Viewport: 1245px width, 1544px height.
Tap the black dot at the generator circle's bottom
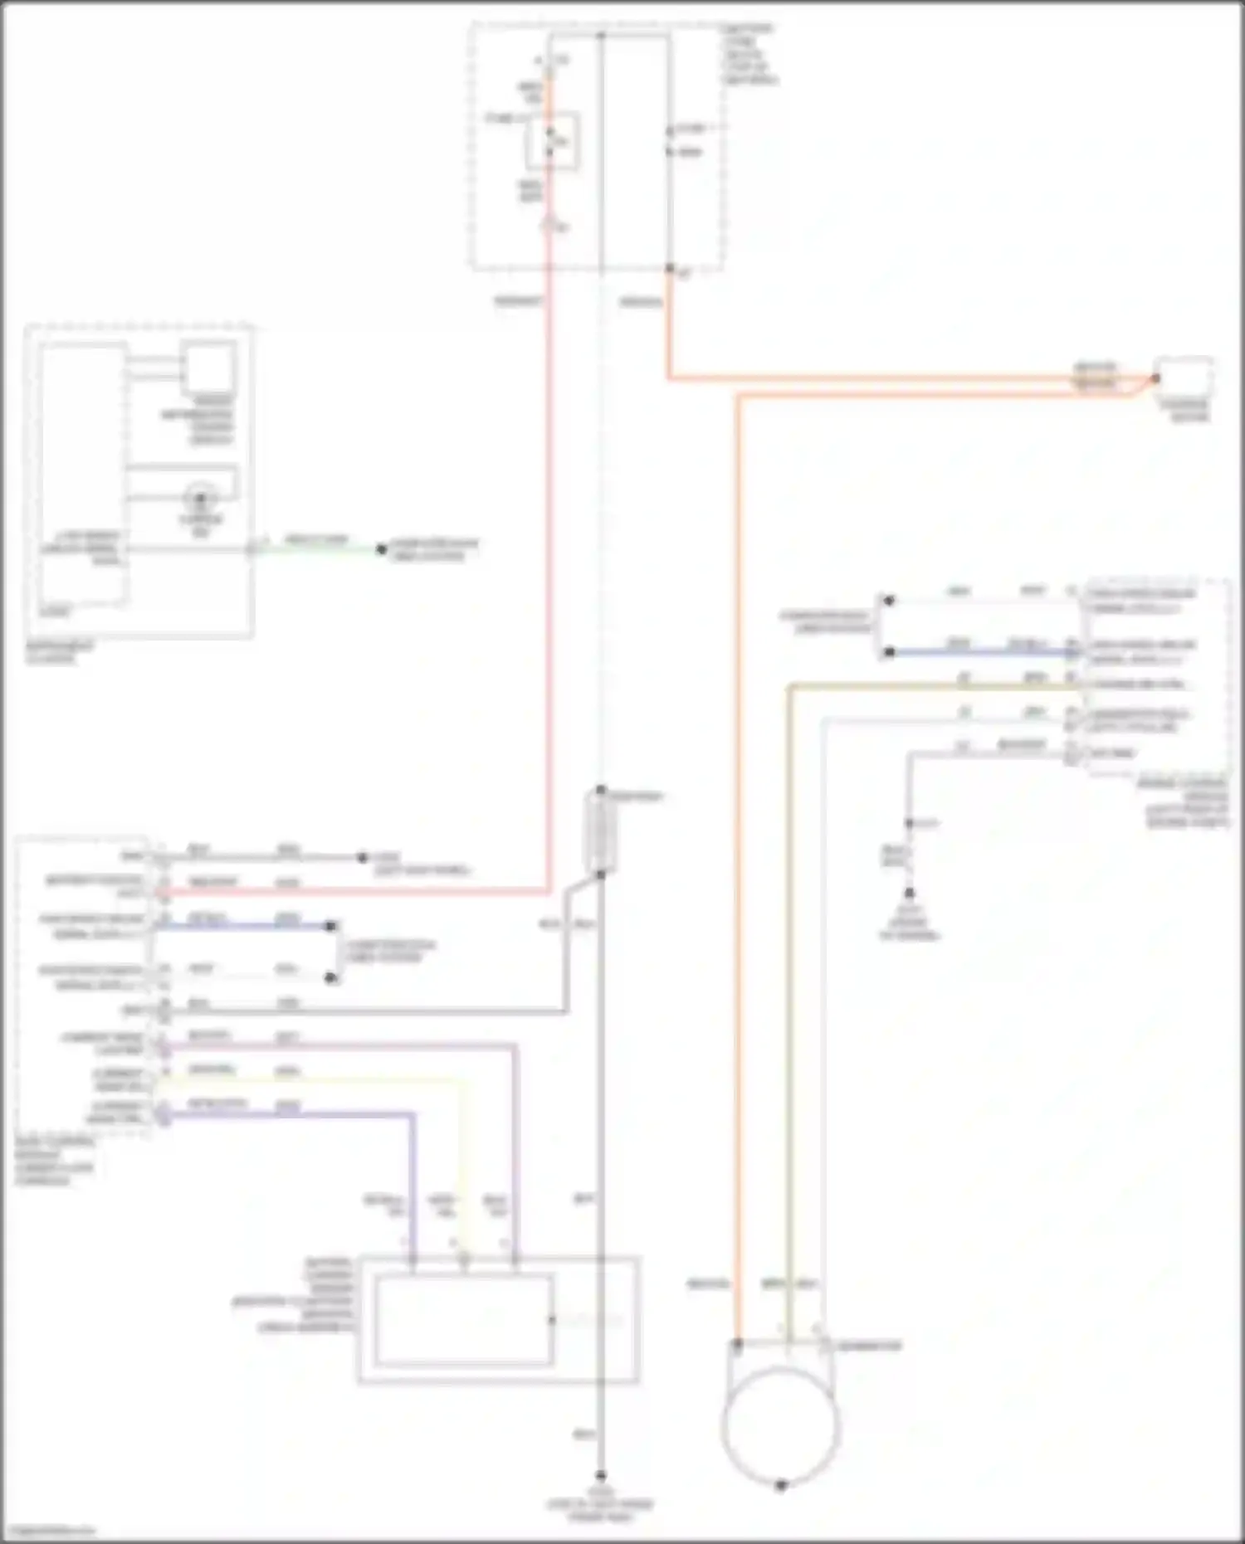780,1485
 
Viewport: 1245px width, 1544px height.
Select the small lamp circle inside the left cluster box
200,499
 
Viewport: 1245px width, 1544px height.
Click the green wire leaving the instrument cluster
315,548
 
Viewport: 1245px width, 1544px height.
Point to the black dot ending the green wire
381,548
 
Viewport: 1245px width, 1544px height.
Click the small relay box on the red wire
552,142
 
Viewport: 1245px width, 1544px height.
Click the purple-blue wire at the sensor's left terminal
413,1195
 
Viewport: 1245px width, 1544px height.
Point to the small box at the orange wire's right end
1184,378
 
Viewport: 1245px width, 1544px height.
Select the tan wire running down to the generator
789,996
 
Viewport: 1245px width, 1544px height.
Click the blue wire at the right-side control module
979,653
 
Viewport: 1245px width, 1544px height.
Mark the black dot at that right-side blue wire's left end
889,653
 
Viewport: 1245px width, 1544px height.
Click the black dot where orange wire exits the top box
669,269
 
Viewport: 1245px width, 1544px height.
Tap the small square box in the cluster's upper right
208,366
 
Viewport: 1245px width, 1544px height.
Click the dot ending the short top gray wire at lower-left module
362,857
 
